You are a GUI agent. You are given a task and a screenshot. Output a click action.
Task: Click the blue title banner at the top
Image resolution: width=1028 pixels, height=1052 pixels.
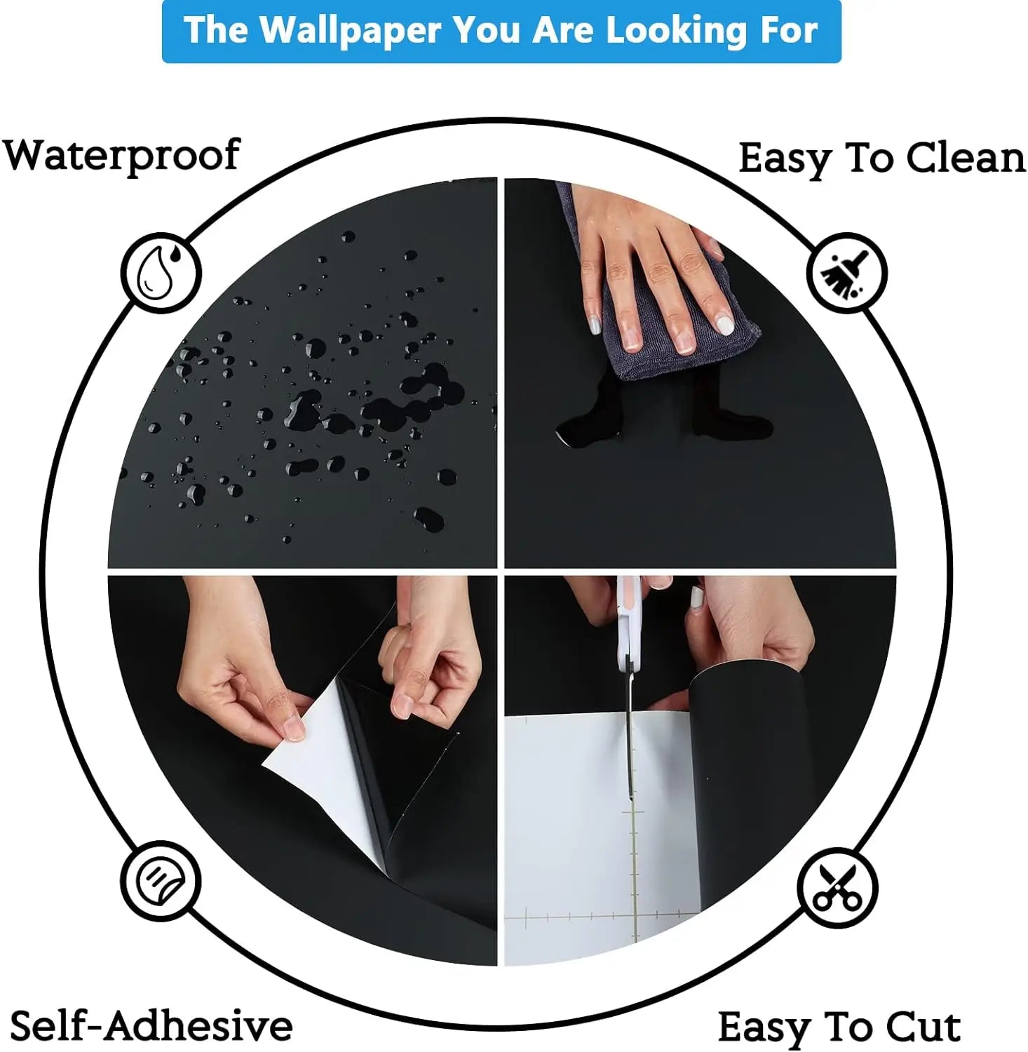tap(501, 32)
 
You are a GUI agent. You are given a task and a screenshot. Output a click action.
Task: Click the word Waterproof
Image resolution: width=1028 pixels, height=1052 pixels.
tap(122, 155)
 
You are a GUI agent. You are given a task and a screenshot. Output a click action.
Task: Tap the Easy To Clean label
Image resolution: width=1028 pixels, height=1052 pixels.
tap(882, 159)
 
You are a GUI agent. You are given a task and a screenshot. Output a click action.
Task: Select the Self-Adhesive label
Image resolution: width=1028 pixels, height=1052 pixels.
tap(151, 1025)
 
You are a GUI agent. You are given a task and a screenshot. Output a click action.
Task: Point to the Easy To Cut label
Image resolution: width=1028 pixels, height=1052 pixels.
tap(839, 1028)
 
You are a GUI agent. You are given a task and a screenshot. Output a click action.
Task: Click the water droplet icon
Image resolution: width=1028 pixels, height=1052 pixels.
tap(161, 272)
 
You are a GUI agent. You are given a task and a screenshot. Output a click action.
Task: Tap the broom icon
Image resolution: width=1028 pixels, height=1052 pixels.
tap(846, 273)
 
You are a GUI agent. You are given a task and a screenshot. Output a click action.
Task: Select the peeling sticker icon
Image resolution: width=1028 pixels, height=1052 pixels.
tap(161, 881)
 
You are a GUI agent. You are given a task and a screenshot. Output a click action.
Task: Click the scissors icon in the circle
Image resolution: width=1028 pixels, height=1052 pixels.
tap(837, 888)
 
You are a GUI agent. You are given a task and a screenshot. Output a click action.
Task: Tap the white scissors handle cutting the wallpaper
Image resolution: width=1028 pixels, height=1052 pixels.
tap(629, 624)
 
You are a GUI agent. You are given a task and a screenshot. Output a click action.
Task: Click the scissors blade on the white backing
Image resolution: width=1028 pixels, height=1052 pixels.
tap(630, 743)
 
